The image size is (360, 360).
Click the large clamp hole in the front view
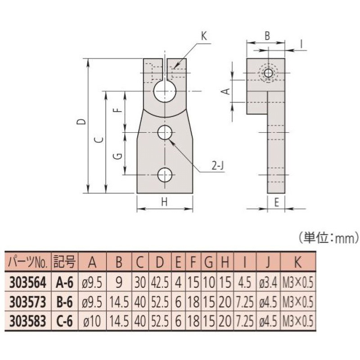point(165,91)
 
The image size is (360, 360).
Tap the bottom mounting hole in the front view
point(165,175)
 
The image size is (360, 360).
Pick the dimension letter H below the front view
point(164,202)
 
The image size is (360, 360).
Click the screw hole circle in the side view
point(269,73)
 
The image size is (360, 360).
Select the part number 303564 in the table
point(28,282)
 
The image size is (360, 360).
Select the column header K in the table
point(297,261)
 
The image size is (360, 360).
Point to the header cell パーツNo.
point(28,261)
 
